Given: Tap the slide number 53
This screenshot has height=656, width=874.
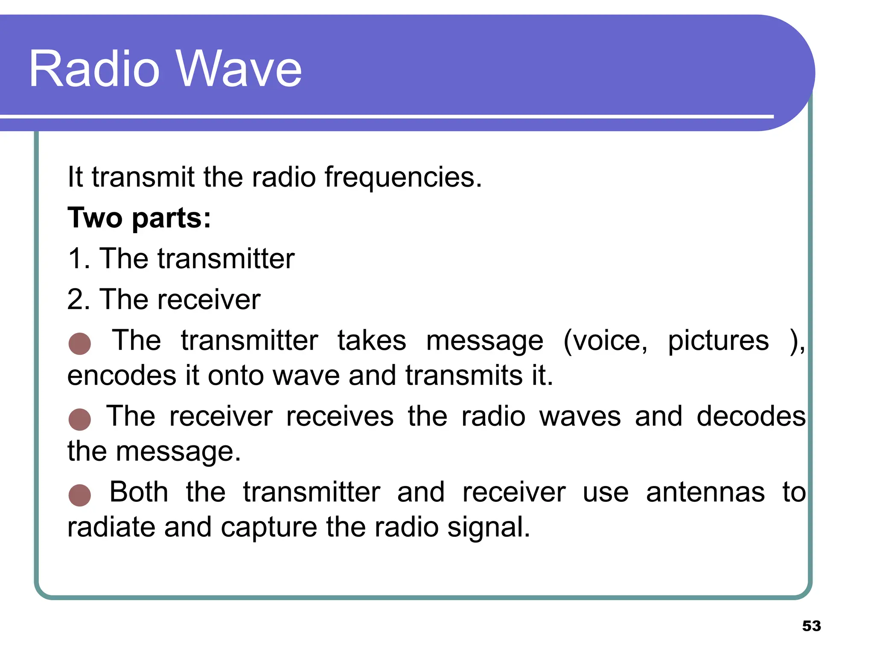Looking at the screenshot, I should pos(811,626).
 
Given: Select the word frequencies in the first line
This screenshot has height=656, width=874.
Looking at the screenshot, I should pos(403,177).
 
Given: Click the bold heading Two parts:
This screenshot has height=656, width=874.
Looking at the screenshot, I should pos(139,218).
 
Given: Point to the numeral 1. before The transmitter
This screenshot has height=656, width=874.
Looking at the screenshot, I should pos(79,259).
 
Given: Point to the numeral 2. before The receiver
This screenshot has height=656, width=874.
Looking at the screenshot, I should pos(79,299).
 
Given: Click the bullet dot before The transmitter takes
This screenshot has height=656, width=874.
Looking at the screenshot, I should pos(80,344).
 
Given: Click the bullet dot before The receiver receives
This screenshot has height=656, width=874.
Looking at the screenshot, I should pos(80,419).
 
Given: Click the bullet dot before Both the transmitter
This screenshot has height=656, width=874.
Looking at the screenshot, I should pos(80,495).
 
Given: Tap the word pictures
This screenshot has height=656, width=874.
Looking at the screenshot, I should pos(718,341).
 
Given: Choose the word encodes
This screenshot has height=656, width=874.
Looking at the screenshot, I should pos(122,376).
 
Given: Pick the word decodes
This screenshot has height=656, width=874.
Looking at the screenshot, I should pos(751,416).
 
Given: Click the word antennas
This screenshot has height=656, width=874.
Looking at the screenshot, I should pos(705,492).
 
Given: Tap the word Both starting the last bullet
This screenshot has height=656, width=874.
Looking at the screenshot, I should pos(139,492).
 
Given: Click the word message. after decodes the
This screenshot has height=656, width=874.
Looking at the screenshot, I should pos(178,452).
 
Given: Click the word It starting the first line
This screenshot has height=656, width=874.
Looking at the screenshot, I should pos(75,177).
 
